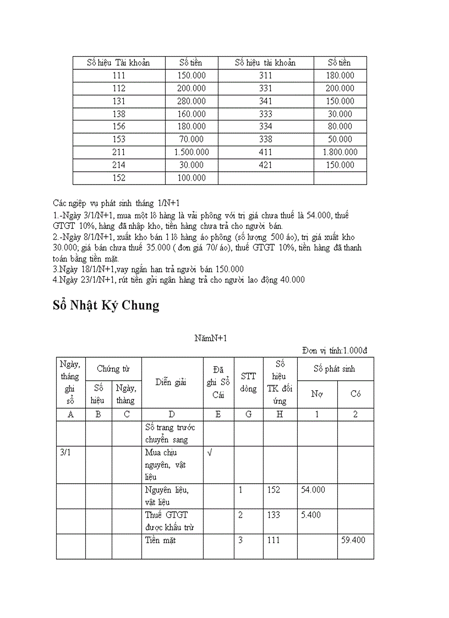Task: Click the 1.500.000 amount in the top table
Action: pyautogui.click(x=191, y=152)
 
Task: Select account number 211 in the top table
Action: pyautogui.click(x=118, y=152)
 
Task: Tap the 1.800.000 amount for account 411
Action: pyautogui.click(x=340, y=152)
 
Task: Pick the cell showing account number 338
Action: pyautogui.click(x=266, y=140)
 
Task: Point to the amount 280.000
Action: pyautogui.click(x=191, y=101)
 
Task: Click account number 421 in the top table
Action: pyautogui.click(x=266, y=165)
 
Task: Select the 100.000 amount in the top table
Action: pyautogui.click(x=191, y=178)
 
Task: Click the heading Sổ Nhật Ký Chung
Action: pyautogui.click(x=106, y=305)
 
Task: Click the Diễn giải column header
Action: pyautogui.click(x=172, y=382)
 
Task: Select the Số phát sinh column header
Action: pyautogui.click(x=335, y=369)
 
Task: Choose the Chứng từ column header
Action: pyautogui.click(x=114, y=369)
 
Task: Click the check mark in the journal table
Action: pyautogui.click(x=209, y=452)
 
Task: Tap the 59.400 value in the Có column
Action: pyautogui.click(x=353, y=540)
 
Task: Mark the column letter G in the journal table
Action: pyautogui.click(x=248, y=415)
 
